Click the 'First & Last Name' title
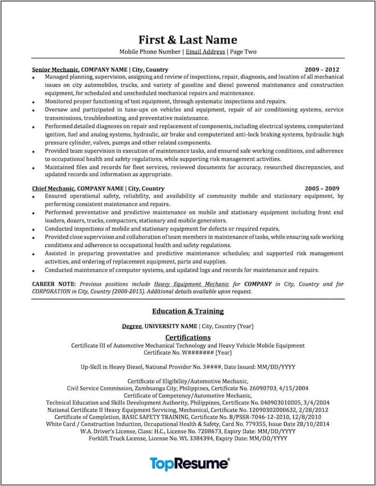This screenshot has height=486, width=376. [188, 40]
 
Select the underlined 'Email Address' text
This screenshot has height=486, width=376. [205, 52]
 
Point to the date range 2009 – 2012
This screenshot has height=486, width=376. [322, 69]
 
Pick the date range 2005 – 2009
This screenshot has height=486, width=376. [322, 188]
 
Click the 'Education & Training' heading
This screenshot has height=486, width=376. [188, 311]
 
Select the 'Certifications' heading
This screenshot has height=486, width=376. [188, 337]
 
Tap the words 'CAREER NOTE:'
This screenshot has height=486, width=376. [54, 284]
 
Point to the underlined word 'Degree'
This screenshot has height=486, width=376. [132, 326]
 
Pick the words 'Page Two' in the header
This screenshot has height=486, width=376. [243, 52]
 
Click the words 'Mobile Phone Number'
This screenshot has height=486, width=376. [150, 52]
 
